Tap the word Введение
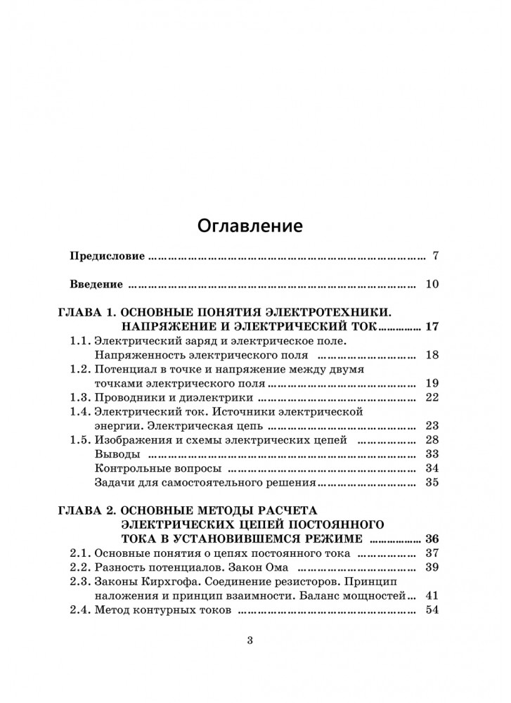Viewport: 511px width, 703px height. (97, 285)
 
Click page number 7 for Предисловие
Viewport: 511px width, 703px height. (435, 256)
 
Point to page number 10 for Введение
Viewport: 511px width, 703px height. (432, 285)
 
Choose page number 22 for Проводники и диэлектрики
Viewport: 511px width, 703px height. (432, 398)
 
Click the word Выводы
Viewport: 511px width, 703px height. (112, 453)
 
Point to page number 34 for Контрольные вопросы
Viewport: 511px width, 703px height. (432, 468)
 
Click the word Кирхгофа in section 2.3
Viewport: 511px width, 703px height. (162, 581)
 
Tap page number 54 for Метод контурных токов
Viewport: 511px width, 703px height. (432, 610)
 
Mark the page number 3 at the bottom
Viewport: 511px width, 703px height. (250, 640)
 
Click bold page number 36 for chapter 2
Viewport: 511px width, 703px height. (432, 538)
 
